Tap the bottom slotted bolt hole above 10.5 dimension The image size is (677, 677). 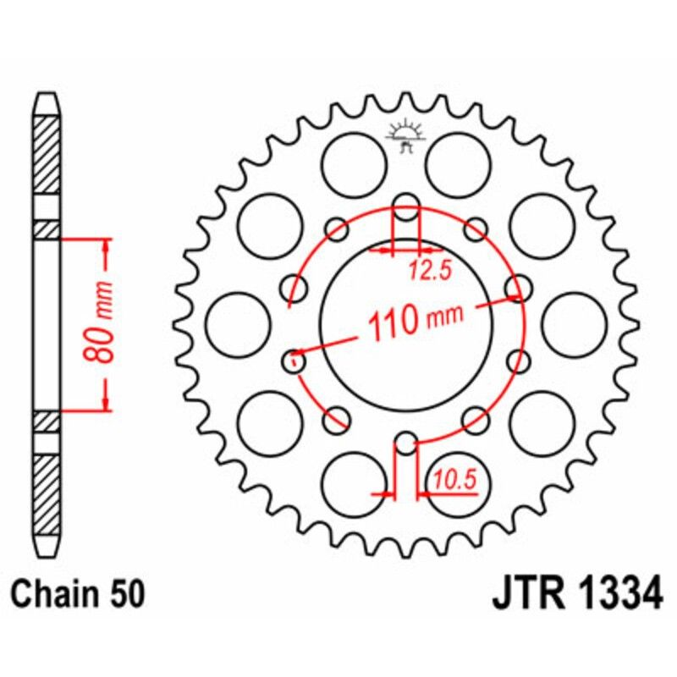(407, 443)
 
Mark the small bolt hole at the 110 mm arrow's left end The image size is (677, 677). (294, 361)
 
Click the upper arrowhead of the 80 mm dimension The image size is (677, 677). (107, 245)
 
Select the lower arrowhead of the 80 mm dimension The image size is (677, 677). (107, 403)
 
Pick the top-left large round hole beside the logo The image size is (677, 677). (355, 163)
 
